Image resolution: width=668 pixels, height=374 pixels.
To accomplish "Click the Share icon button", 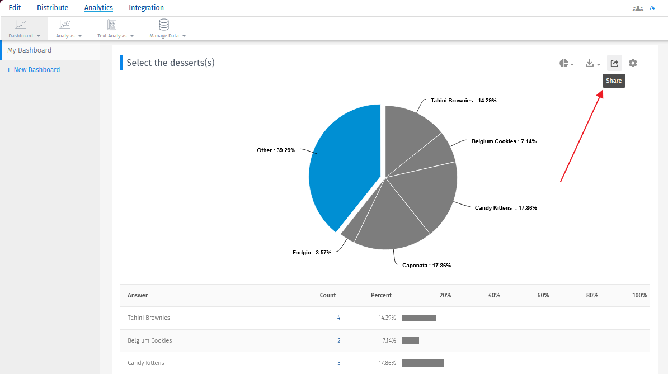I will point(614,63).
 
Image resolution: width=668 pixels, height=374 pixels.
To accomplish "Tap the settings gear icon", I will point(633,63).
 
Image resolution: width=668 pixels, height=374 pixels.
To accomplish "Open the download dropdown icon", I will point(592,64).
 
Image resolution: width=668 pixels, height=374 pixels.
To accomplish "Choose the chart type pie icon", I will point(566,64).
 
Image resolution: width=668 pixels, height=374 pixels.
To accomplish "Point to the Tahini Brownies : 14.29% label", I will point(463,101).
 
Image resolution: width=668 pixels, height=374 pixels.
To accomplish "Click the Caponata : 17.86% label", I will point(426,266).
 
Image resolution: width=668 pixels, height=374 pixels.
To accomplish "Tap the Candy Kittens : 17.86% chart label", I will point(506,208).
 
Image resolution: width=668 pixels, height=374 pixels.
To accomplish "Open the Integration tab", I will point(146,8).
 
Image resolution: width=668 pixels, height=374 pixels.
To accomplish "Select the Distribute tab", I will point(53,8).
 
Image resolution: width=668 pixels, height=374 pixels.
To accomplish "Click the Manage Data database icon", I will point(164,25).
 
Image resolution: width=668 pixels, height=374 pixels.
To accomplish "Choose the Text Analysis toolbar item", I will point(112,25).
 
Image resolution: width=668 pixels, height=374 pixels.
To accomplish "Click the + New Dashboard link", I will point(33,70).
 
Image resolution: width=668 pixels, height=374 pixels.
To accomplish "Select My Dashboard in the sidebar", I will point(29,50).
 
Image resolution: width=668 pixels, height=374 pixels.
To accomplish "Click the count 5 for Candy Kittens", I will point(338,363).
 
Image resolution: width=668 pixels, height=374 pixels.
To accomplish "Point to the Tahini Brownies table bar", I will point(419,318).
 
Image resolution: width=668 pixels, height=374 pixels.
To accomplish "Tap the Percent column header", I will point(381,295).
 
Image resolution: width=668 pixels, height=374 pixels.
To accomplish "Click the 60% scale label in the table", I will point(543,295).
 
